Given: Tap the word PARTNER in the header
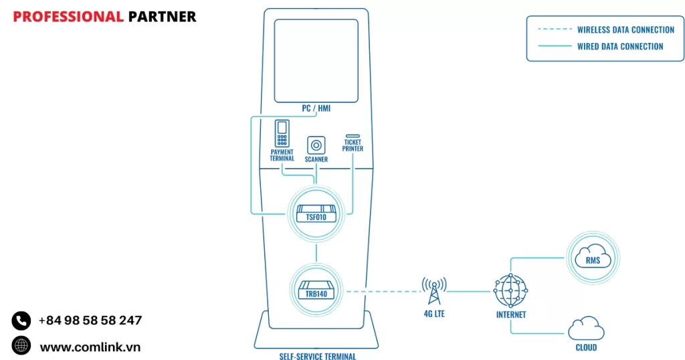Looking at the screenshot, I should (x=162, y=17).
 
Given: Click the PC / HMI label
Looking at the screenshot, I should (x=315, y=108).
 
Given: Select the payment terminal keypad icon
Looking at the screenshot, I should (x=282, y=134).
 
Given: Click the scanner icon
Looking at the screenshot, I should (x=316, y=145).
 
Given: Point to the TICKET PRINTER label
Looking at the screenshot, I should (x=353, y=145).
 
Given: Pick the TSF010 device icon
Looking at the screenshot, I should (x=316, y=213).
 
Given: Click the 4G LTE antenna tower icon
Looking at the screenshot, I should (x=433, y=290).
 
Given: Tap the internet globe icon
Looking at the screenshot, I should (x=510, y=290).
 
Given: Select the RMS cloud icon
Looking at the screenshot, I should (x=593, y=258).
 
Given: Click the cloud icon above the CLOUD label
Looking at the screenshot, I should (x=586, y=329).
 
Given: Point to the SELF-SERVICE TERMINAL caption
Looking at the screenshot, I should (x=318, y=357).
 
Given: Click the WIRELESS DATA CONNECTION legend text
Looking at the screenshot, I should (x=625, y=30).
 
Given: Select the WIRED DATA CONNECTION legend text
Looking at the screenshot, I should (x=620, y=47).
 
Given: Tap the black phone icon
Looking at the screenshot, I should (x=21, y=321).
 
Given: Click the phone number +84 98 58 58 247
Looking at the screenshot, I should (x=90, y=321).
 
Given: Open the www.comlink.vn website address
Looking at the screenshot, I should (x=90, y=347).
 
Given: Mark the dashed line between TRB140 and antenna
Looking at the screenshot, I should (x=381, y=291).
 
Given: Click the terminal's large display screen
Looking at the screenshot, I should (x=315, y=59).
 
